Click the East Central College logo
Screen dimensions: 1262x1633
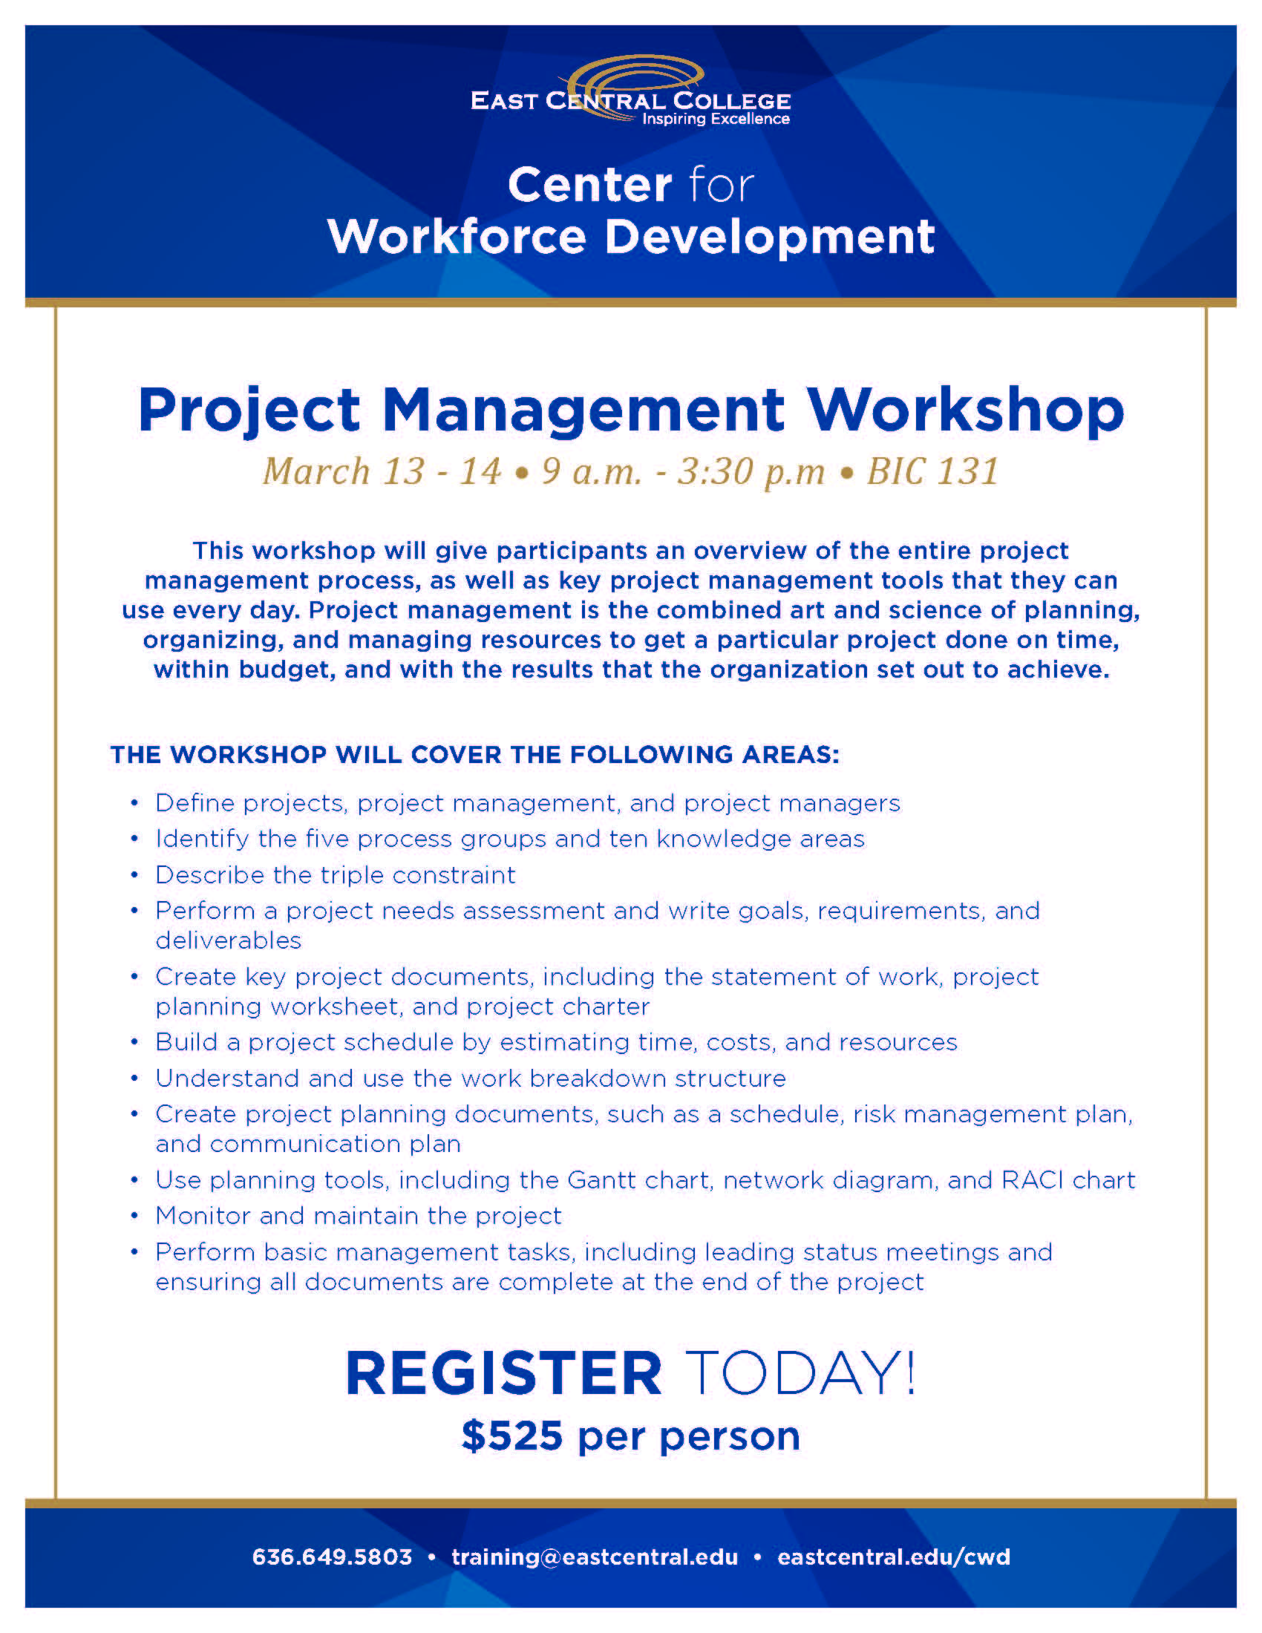(630, 91)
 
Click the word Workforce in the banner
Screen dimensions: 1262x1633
(457, 237)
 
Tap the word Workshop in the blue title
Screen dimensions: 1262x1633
(965, 410)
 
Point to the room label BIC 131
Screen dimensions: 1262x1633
(932, 472)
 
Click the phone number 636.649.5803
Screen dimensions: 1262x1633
(332, 1557)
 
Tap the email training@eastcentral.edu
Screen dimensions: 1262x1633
(595, 1557)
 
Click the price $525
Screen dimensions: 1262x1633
(512, 1436)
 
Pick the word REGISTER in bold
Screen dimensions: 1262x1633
(504, 1373)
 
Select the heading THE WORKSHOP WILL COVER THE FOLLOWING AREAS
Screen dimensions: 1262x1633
(475, 754)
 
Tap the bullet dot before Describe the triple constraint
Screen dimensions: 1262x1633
(134, 876)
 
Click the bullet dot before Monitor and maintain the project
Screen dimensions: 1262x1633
(134, 1217)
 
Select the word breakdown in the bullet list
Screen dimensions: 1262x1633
(598, 1079)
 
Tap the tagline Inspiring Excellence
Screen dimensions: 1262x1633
(716, 119)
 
